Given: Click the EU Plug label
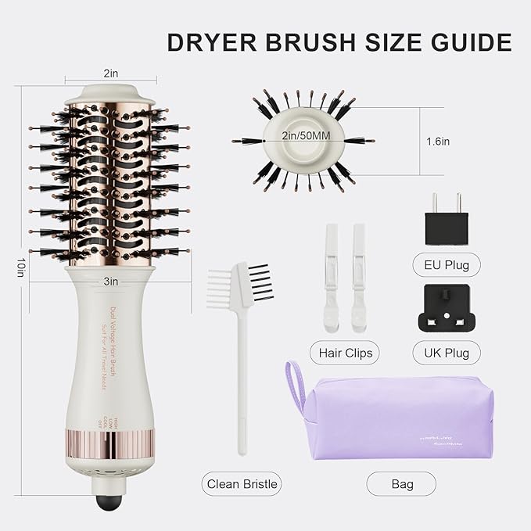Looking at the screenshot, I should pyautogui.click(x=446, y=265).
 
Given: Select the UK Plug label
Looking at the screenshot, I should pyautogui.click(x=446, y=353).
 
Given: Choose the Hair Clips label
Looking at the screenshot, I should pyautogui.click(x=346, y=353).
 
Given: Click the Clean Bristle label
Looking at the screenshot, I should pyautogui.click(x=242, y=484).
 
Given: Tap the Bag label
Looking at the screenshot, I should pyautogui.click(x=402, y=484).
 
